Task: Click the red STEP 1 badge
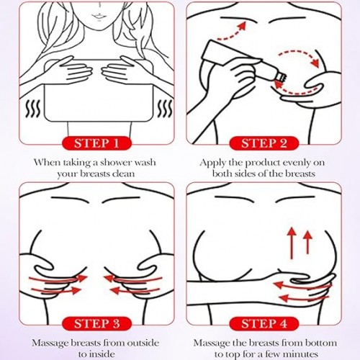96,143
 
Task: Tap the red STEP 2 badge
264,143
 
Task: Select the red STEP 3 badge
96,323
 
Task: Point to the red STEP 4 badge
264,323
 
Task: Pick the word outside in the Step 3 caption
143,343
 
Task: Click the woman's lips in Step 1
98,17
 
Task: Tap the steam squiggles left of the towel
33,109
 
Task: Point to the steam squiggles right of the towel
165,109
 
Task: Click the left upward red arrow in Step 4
292,243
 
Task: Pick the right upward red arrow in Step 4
307,242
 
